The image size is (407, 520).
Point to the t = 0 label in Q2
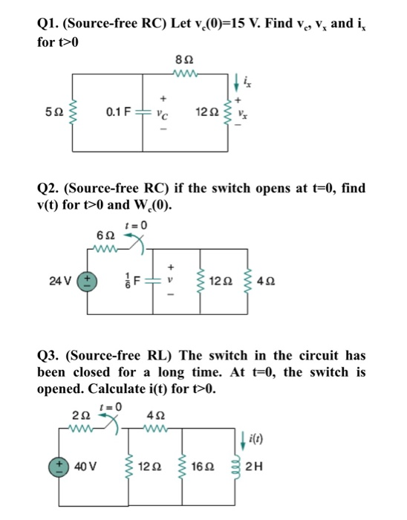138,222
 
